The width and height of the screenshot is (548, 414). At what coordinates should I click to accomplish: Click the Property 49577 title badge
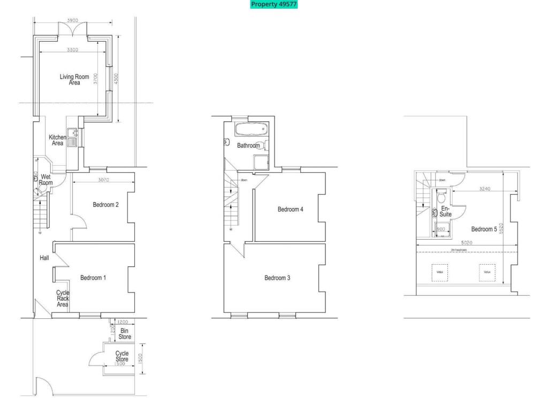pyautogui.click(x=273, y=4)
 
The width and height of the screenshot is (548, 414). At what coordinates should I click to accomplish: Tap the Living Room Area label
pyautogui.click(x=74, y=80)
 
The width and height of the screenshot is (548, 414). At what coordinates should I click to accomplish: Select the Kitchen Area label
pyautogui.click(x=57, y=140)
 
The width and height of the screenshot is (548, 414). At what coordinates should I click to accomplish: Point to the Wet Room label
pyautogui.click(x=46, y=180)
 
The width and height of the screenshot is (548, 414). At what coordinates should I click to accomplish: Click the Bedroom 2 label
pyautogui.click(x=105, y=204)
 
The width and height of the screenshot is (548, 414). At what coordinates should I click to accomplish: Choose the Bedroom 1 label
pyautogui.click(x=93, y=278)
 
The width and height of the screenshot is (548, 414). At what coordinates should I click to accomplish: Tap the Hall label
pyautogui.click(x=44, y=258)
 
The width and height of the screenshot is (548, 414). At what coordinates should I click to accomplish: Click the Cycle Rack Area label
pyautogui.click(x=63, y=298)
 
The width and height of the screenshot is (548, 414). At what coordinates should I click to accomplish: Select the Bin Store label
pyautogui.click(x=125, y=334)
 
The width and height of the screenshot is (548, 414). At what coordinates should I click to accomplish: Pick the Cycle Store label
pyautogui.click(x=122, y=356)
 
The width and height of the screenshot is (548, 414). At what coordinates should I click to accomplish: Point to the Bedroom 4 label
pyautogui.click(x=291, y=209)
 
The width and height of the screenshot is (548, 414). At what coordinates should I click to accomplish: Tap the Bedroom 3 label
pyautogui.click(x=277, y=278)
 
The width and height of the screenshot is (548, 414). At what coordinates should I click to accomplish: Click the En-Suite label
pyautogui.click(x=445, y=211)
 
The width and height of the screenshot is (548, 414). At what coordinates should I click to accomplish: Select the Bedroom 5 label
pyautogui.click(x=484, y=229)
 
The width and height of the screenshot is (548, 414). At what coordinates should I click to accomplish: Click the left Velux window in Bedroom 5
pyautogui.click(x=440, y=272)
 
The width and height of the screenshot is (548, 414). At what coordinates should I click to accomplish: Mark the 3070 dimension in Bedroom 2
pyautogui.click(x=104, y=180)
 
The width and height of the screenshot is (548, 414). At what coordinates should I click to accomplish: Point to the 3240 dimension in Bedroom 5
pyautogui.click(x=485, y=189)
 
